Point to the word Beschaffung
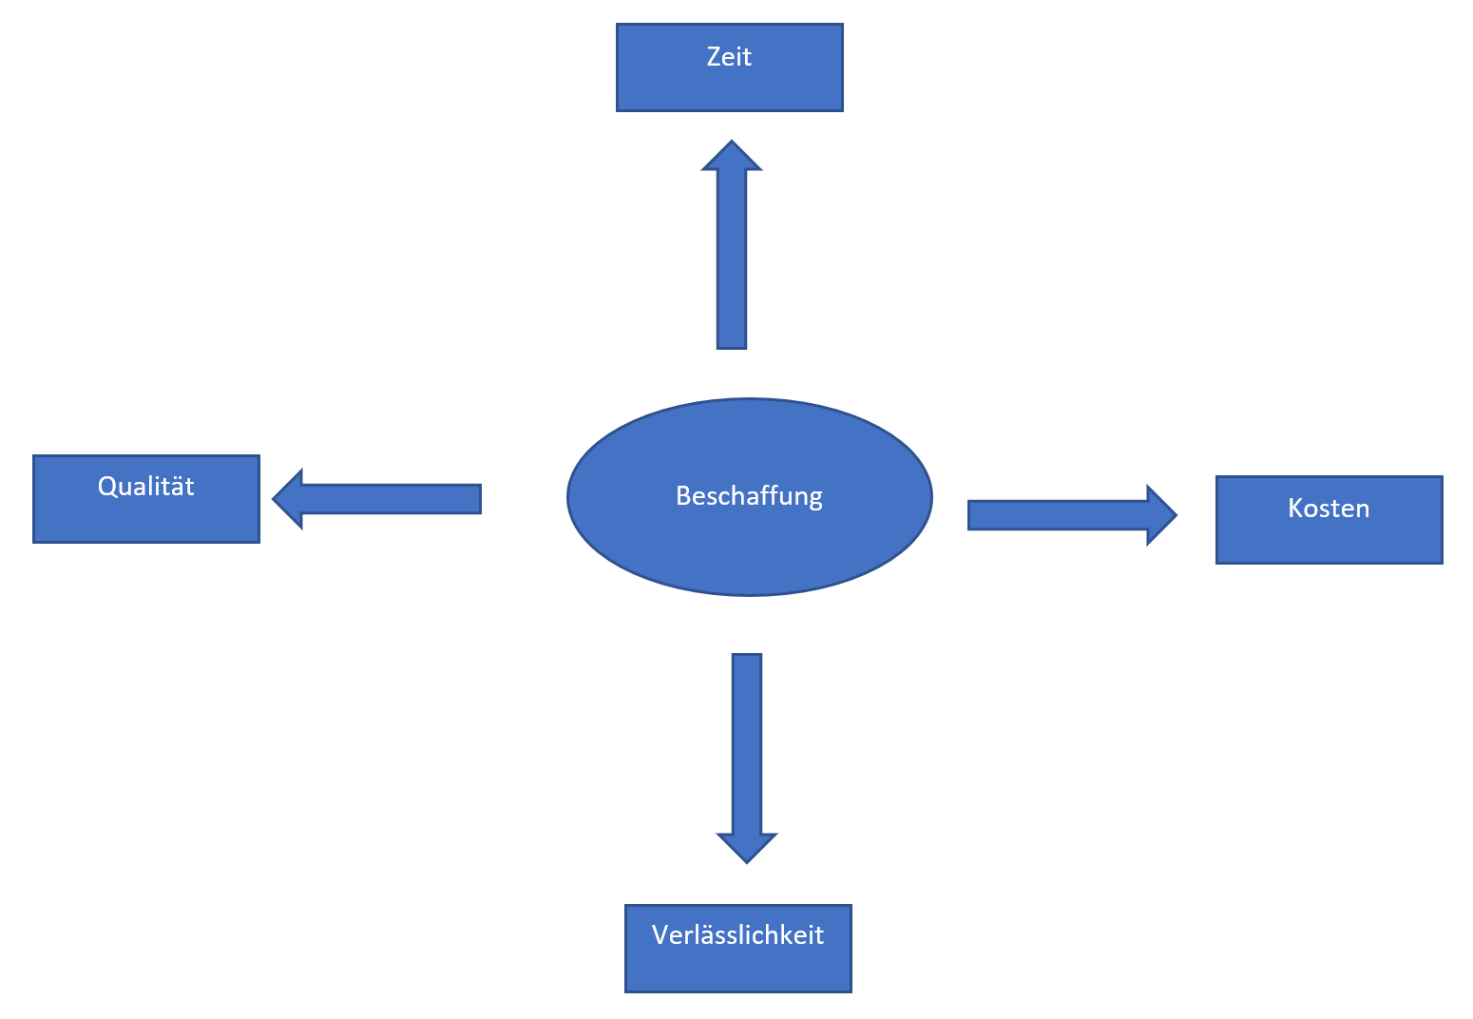pos(749,496)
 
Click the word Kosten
pos(1329,509)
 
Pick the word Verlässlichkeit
pos(737,935)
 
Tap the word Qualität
pos(145,487)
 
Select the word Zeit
pos(729,57)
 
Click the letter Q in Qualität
pos(106,487)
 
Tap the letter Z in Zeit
pos(714,57)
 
